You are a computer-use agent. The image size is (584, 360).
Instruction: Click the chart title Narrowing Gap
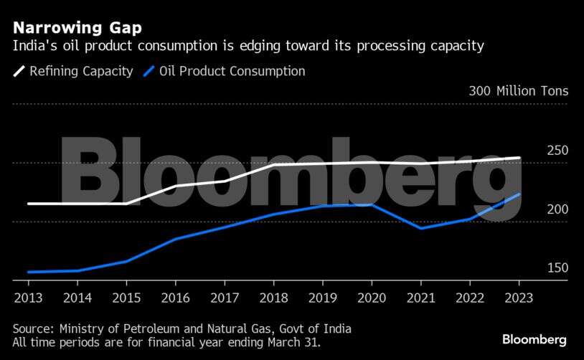pyautogui.click(x=76, y=28)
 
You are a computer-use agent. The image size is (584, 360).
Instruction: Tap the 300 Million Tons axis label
pyautogui.click(x=518, y=91)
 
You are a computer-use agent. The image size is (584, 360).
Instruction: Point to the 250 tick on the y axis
pyautogui.click(x=557, y=150)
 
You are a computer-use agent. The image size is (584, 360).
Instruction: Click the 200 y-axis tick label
pyautogui.click(x=557, y=209)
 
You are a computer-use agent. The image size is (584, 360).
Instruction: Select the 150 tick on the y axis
pyautogui.click(x=557, y=267)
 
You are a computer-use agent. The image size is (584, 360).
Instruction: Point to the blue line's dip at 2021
pyautogui.click(x=420, y=228)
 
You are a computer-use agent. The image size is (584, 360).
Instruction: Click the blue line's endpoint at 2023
pyautogui.click(x=519, y=194)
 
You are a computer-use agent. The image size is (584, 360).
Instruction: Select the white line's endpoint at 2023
pyautogui.click(x=519, y=158)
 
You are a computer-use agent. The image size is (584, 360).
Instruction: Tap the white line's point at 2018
pyautogui.click(x=273, y=165)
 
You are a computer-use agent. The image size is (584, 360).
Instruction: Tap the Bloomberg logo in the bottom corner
pyautogui.click(x=534, y=339)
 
